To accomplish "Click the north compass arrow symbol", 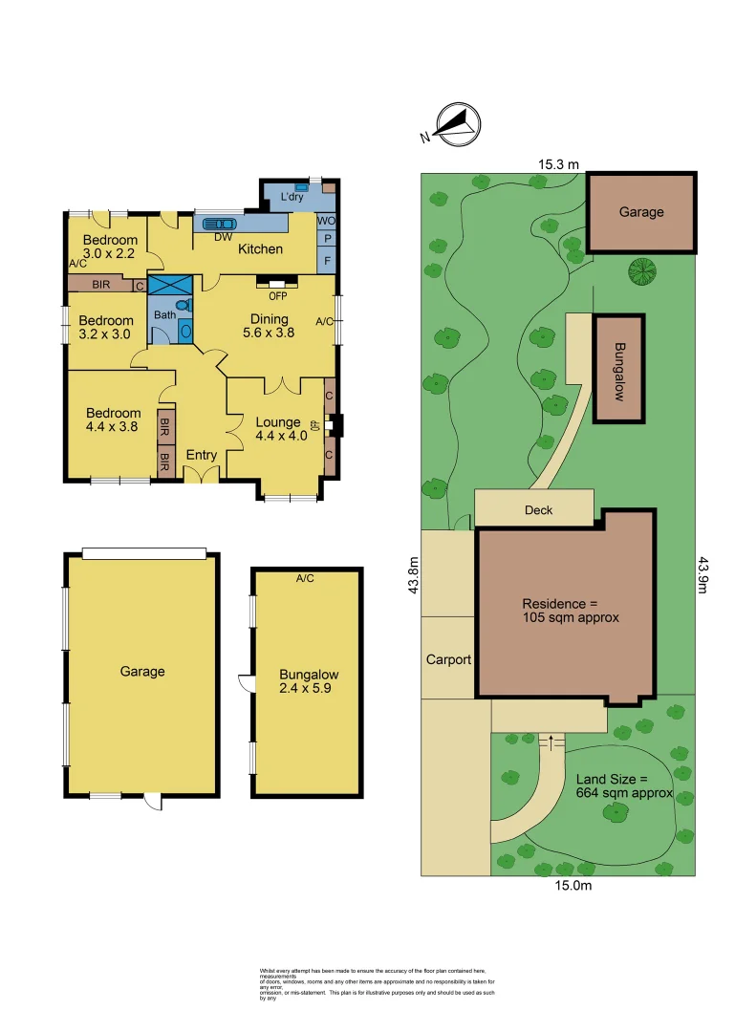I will tap(456, 124).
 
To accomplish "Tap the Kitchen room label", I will tap(260, 249).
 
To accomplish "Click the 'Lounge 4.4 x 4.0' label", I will tap(277, 429).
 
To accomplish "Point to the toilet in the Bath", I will tap(184, 306).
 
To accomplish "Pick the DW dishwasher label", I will tap(222, 237).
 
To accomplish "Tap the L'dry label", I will tap(292, 198).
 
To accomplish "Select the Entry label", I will tap(202, 456).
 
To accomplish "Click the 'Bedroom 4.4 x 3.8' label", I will tap(113, 420).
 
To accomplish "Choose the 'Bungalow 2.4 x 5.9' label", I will tap(309, 680).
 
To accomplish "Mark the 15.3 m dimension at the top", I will tap(558, 164).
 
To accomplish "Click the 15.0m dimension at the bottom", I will tap(571, 886).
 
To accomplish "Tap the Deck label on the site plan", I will tap(538, 510).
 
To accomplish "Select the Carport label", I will tap(448, 659).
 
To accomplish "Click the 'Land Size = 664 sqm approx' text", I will tap(624, 786).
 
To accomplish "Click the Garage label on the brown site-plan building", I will tap(640, 212).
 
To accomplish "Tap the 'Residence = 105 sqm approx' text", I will tap(571, 611).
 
